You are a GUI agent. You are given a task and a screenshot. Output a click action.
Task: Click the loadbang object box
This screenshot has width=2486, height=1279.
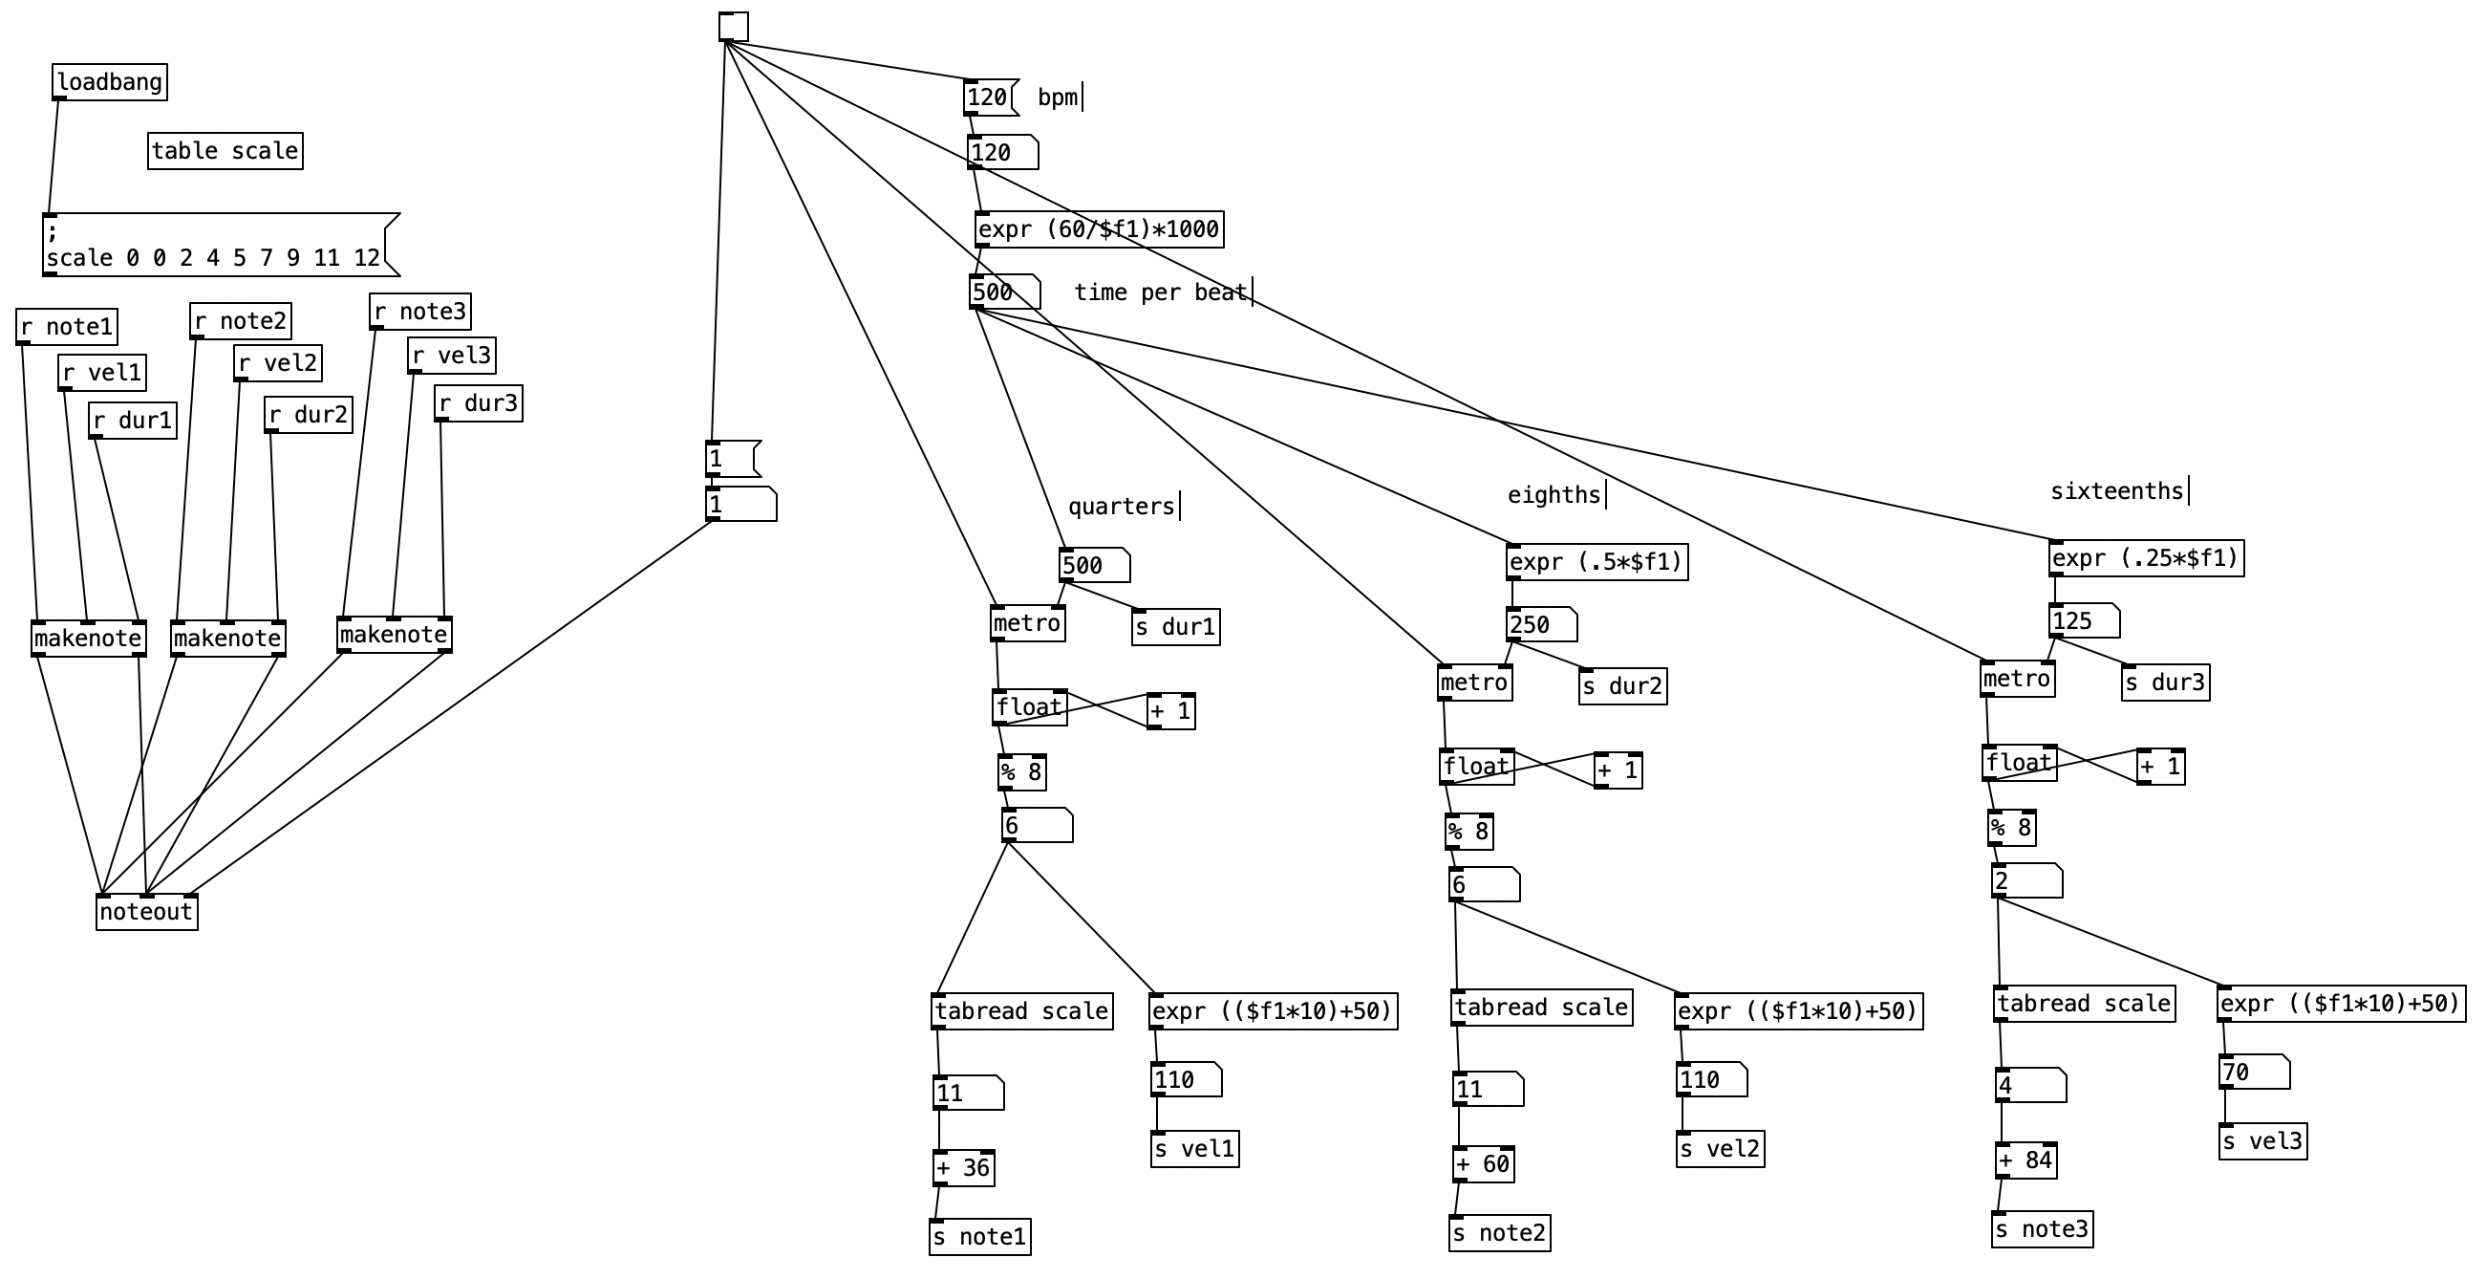pyautogui.click(x=109, y=82)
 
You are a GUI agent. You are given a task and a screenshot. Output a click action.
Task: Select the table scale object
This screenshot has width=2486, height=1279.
pyautogui.click(x=225, y=152)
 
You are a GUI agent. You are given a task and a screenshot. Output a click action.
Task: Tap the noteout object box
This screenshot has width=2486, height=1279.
pyautogui.click(x=147, y=912)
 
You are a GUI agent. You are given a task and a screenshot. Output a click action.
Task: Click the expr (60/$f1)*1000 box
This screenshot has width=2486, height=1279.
pyautogui.click(x=1098, y=229)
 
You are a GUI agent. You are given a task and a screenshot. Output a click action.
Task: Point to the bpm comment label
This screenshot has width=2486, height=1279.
pyautogui.click(x=1058, y=98)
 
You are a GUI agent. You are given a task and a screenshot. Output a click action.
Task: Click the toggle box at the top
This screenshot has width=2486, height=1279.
pyautogui.click(x=733, y=27)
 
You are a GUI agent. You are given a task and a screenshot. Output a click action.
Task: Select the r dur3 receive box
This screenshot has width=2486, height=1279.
pyautogui.click(x=479, y=403)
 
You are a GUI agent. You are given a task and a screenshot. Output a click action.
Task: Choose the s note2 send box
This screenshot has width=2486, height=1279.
pyautogui.click(x=1499, y=1233)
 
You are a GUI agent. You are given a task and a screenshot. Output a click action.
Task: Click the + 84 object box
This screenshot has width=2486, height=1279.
pyautogui.click(x=2025, y=1160)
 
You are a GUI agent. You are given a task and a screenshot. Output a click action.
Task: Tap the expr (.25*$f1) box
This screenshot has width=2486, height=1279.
pyautogui.click(x=2145, y=559)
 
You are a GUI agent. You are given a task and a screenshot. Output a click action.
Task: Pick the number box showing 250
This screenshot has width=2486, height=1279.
pyautogui.click(x=1540, y=624)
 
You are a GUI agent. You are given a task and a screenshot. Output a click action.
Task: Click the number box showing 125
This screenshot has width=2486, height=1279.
pyautogui.click(x=2083, y=620)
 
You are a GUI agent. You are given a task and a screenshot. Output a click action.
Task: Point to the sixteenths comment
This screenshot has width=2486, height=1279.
pyautogui.click(x=2116, y=491)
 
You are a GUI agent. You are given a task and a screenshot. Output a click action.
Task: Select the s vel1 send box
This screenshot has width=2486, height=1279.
pyautogui.click(x=1193, y=1150)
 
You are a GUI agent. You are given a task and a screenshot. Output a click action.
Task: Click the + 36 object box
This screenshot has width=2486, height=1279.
pyautogui.click(x=963, y=1168)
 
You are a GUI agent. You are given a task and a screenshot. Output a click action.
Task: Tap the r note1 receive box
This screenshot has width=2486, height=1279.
pyautogui.click(x=67, y=327)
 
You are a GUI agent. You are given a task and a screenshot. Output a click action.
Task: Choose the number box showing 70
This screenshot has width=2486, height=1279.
pyautogui.click(x=2253, y=1073)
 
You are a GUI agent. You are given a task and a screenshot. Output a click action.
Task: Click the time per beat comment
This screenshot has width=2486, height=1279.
pyautogui.click(x=1160, y=293)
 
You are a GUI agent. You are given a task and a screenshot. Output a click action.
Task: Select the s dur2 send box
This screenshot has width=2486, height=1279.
pyautogui.click(x=1622, y=686)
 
